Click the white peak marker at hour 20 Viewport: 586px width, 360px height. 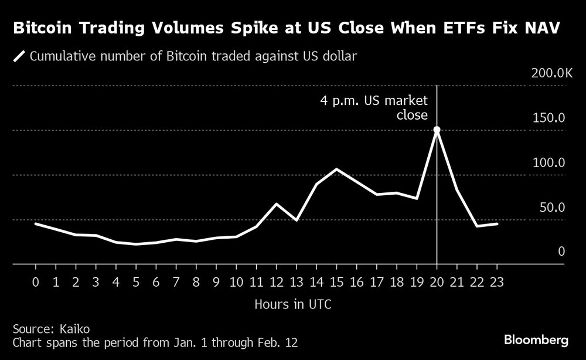click(x=437, y=130)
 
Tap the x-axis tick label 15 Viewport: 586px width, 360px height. click(x=337, y=282)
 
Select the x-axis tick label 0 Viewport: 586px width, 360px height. click(x=36, y=282)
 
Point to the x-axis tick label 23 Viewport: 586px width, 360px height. click(x=497, y=282)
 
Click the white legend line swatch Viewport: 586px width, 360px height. click(x=19, y=57)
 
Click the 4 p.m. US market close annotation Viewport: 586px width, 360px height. click(x=374, y=108)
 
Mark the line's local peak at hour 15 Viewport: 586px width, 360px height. click(x=337, y=169)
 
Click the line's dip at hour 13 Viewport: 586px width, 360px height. click(x=297, y=220)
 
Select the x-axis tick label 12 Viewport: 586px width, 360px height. click(x=277, y=282)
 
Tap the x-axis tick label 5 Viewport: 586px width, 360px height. click(x=136, y=282)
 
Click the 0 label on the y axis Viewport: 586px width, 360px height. click(x=561, y=252)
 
